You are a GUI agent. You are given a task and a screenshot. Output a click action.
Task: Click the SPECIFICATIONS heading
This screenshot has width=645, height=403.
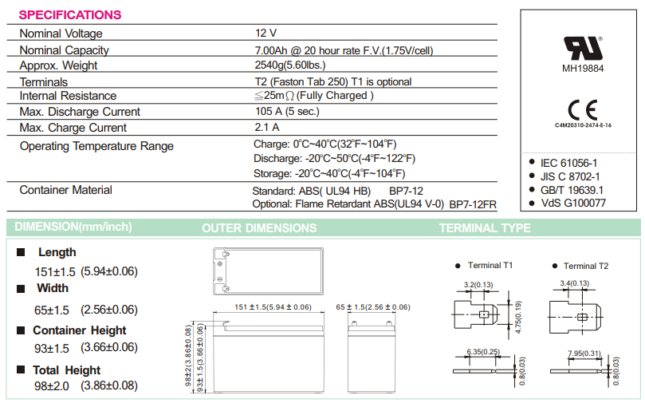70,14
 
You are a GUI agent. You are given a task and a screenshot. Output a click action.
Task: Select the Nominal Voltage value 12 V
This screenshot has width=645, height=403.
265,34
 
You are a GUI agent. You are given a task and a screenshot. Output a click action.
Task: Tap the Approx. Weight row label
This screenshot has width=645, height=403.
60,65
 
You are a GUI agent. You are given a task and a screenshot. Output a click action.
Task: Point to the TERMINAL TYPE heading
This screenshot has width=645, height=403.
485,228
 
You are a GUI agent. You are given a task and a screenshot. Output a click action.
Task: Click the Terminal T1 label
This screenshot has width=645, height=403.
490,266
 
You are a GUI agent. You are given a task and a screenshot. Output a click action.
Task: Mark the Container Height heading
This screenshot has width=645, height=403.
79,330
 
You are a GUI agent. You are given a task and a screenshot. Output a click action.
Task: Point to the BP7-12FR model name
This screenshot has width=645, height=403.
472,205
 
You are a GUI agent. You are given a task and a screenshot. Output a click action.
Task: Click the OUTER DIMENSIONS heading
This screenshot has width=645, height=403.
259,228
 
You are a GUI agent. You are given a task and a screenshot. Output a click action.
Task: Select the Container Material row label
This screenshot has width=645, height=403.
65,190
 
